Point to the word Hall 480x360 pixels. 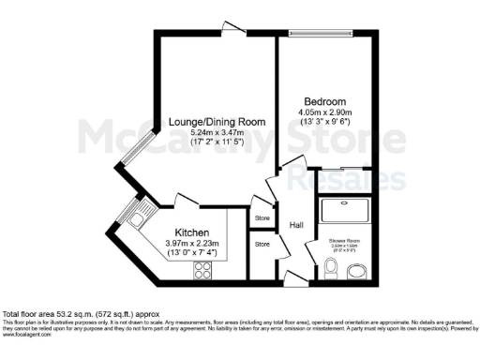(296, 226)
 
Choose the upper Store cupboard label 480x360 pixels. (262, 217)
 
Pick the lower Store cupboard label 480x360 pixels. (262, 245)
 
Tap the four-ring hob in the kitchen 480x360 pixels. (202, 271)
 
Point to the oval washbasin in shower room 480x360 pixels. (357, 272)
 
